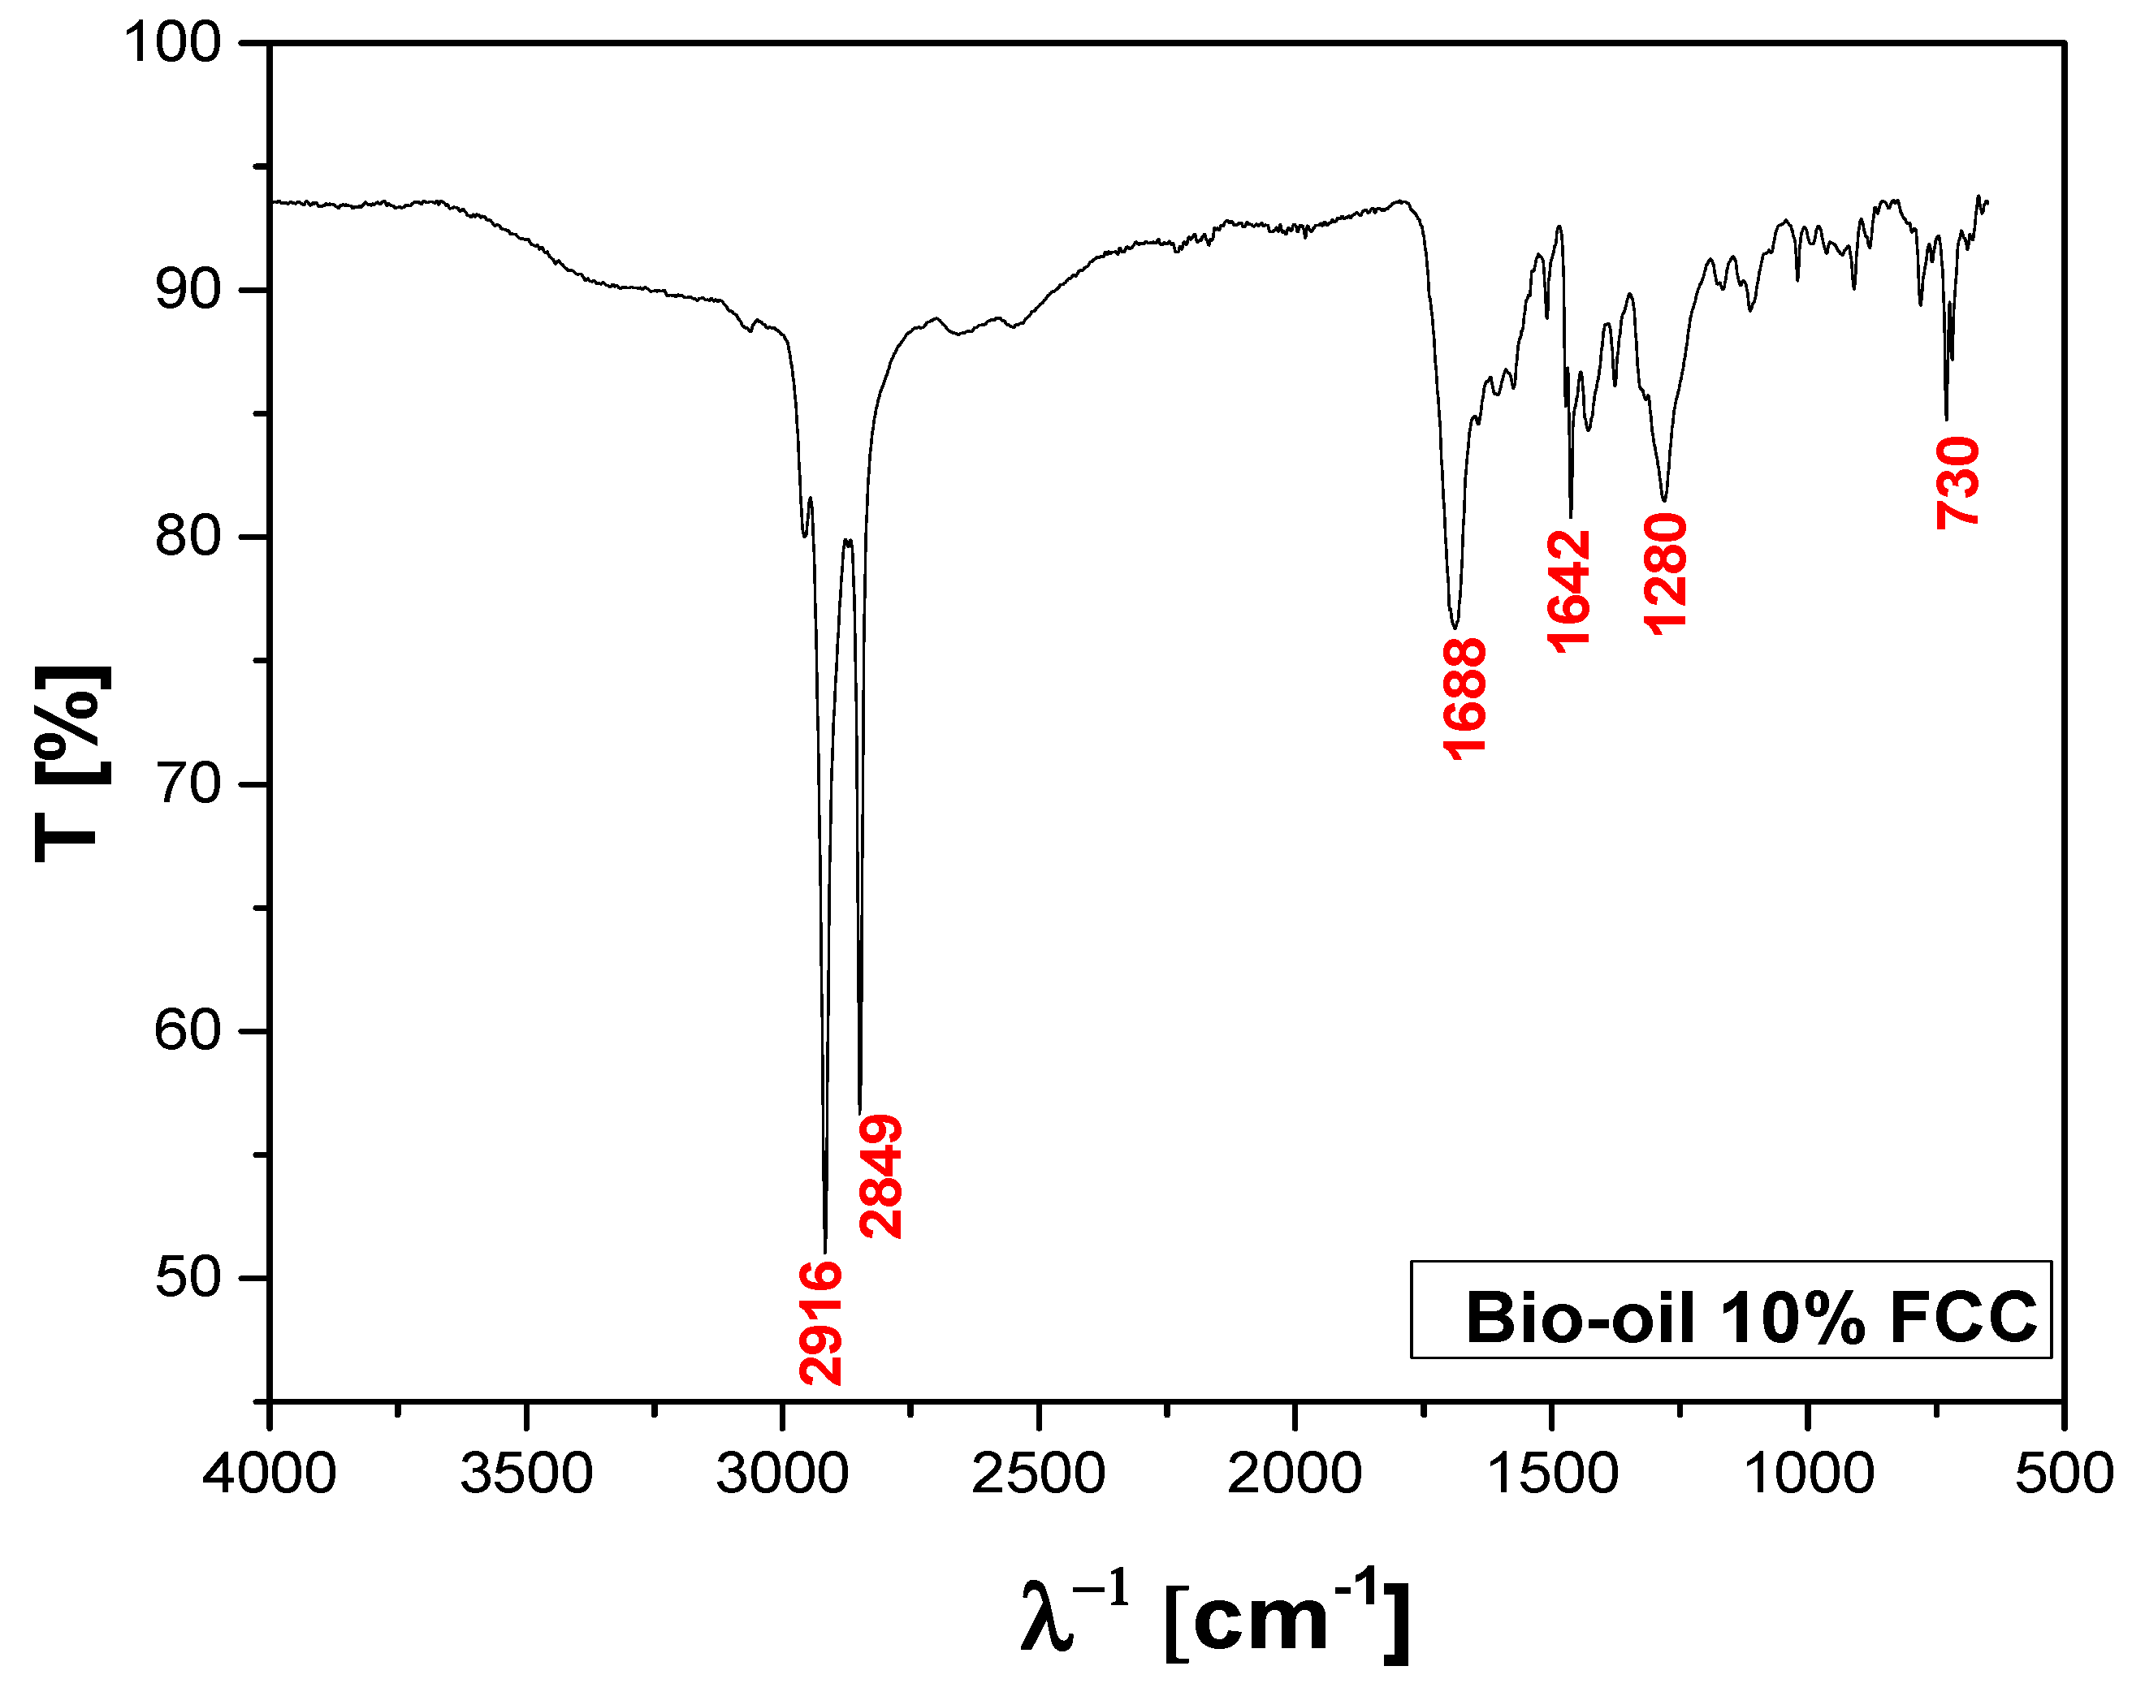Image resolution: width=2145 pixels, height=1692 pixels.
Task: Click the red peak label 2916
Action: [820, 1322]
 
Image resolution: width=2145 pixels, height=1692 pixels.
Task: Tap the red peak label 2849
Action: [880, 1176]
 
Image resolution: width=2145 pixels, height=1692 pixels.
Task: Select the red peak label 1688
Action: [1464, 699]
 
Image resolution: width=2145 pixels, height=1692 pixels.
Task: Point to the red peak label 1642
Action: [1568, 590]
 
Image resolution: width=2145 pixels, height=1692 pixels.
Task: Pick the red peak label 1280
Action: [1664, 573]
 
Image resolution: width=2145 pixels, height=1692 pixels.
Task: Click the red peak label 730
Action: [1957, 483]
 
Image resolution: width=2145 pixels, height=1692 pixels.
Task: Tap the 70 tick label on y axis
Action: [188, 784]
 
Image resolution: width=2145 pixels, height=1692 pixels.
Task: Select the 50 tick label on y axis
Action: [188, 1278]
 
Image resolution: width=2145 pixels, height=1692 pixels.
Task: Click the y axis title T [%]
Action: [69, 764]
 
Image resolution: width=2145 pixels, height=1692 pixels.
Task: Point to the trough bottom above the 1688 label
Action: [1455, 626]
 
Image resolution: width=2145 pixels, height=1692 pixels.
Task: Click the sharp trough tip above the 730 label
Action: [1947, 418]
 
